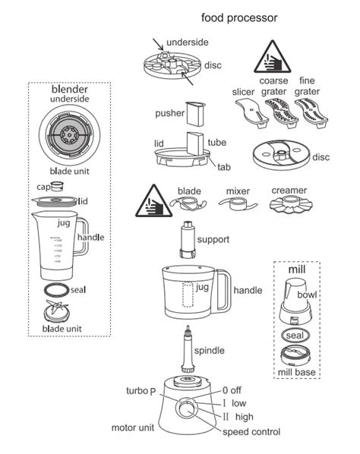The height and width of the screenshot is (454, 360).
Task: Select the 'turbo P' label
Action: pyautogui.click(x=141, y=391)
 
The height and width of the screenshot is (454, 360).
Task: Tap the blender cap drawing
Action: pyautogui.click(x=56, y=186)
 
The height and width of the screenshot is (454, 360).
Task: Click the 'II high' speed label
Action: pyautogui.click(x=238, y=417)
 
